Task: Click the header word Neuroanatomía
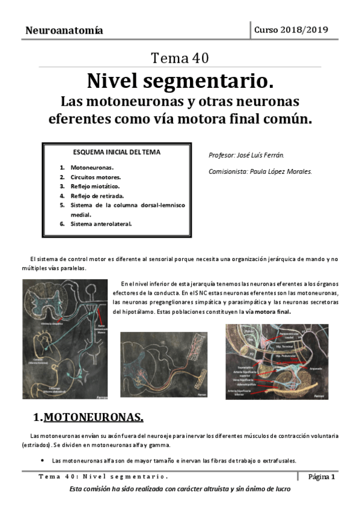pyautogui.click(x=64, y=31)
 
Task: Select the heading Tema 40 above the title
pyautogui.click(x=180, y=58)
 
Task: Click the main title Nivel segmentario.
pyautogui.click(x=180, y=79)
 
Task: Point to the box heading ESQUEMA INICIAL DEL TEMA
pyautogui.click(x=117, y=152)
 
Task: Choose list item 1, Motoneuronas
pyautogui.click(x=92, y=167)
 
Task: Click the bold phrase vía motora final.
pyautogui.click(x=268, y=312)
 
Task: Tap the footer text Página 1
pyautogui.click(x=322, y=477)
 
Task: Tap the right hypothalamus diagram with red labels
pyautogui.click(x=277, y=361)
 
